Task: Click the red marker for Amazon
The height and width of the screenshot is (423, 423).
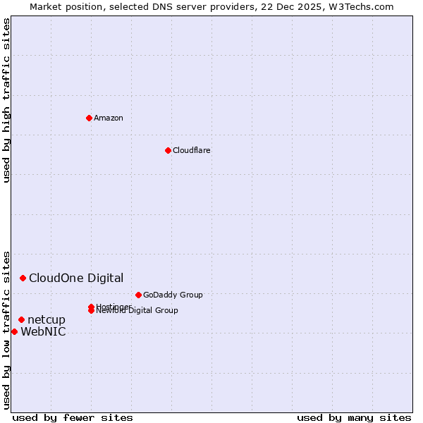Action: click(89, 118)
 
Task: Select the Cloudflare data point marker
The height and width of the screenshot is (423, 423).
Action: click(168, 150)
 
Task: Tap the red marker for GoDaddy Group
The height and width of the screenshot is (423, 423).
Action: click(138, 295)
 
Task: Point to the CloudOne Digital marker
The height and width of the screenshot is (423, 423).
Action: click(23, 278)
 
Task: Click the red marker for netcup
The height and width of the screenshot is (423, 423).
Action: click(21, 320)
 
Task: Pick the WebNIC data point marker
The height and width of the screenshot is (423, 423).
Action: click(14, 332)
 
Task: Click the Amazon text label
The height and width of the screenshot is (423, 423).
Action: click(108, 118)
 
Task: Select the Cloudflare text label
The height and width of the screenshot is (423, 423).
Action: click(191, 150)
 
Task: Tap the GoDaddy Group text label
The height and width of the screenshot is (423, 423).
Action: click(173, 295)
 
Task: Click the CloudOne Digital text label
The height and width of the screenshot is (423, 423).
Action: click(76, 278)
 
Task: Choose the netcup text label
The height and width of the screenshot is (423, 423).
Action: click(47, 320)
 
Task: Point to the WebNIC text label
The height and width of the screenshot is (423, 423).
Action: click(43, 332)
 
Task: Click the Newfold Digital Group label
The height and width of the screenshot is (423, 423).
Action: click(138, 311)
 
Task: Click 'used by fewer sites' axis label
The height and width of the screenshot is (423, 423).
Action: click(73, 417)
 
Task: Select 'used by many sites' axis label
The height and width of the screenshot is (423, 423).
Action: click(354, 417)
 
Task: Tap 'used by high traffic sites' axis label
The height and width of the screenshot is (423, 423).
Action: click(6, 100)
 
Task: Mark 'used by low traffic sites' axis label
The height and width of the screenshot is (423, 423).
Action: click(6, 329)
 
